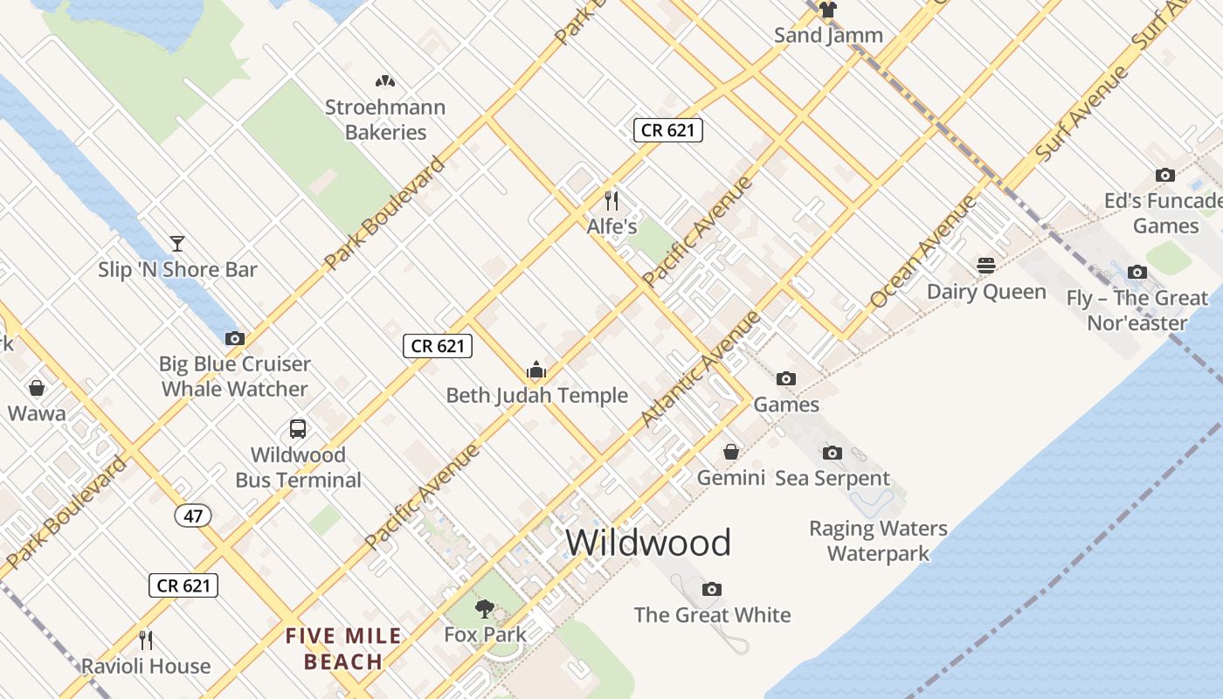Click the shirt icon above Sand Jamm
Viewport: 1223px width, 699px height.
[827, 10]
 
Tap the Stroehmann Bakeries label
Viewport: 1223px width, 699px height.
[385, 120]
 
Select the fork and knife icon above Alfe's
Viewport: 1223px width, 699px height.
[611, 200]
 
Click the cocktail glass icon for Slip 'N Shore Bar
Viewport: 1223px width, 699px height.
[177, 244]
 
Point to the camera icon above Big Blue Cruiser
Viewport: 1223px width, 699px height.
[234, 338]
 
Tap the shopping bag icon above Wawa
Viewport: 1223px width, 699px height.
[37, 387]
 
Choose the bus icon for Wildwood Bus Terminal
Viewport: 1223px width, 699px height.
[298, 429]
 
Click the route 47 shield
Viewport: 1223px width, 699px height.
[193, 516]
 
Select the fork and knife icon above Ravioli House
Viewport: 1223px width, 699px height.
[146, 640]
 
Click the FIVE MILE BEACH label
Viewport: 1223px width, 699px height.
[343, 648]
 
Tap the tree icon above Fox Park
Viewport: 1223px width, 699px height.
[485, 609]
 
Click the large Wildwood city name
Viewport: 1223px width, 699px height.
[648, 543]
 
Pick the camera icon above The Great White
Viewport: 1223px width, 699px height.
[712, 589]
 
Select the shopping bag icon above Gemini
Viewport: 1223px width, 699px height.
[731, 452]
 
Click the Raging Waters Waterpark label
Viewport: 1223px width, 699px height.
[878, 541]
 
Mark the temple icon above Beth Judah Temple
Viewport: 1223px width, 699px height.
[536, 370]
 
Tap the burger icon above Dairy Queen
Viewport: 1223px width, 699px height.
[986, 266]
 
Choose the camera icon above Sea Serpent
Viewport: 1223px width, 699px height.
[833, 453]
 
